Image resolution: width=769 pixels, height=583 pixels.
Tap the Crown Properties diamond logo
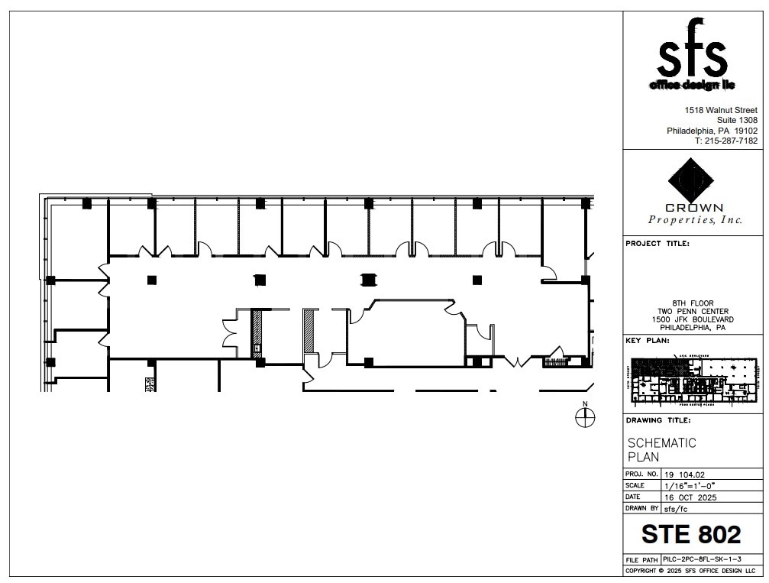coord(691,182)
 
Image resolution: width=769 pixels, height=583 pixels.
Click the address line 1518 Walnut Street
coord(721,110)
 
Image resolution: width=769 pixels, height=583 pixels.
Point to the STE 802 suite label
coord(691,533)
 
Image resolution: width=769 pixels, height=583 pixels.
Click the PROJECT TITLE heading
coord(658,244)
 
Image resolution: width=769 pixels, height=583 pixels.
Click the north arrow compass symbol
coord(585,417)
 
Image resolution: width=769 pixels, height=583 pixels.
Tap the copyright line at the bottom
coord(690,571)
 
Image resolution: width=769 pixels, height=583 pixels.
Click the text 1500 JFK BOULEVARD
coord(693,319)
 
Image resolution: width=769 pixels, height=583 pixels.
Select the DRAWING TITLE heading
coord(658,420)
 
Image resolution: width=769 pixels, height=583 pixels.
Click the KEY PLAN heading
coord(648,341)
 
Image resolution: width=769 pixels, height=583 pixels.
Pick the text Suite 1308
coord(737,121)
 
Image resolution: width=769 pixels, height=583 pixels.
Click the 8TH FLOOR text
coord(693,303)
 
